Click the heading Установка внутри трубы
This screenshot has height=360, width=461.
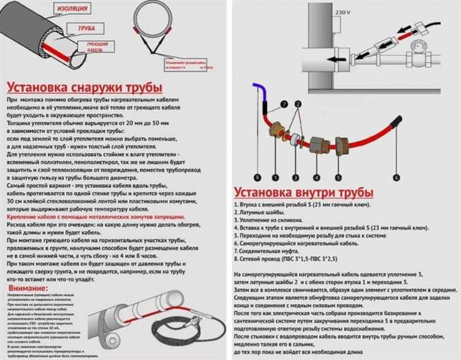click(297, 191)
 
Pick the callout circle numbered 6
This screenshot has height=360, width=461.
click(396, 177)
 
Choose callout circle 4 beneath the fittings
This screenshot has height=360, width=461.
click(321, 177)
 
